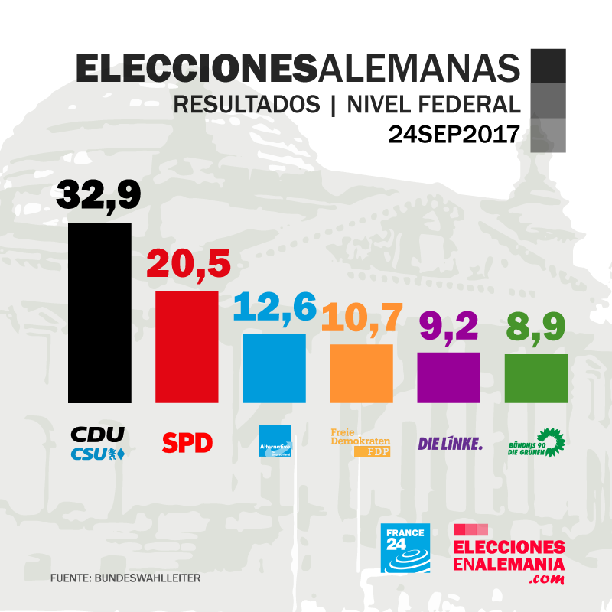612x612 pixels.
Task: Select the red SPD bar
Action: (187, 347)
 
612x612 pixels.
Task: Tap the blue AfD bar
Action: (274, 368)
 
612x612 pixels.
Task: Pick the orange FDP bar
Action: (361, 373)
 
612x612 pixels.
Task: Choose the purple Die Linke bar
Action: (448, 377)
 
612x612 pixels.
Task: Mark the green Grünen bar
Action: (535, 378)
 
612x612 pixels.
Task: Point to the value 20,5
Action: (188, 265)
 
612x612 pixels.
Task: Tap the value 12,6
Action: (275, 308)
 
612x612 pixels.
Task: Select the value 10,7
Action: (361, 317)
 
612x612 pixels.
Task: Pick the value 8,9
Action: (535, 327)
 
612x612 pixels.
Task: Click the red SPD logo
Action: (187, 442)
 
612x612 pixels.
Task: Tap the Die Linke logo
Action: (450, 443)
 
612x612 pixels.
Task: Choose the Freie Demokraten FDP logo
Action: (360, 443)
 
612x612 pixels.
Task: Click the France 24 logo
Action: (405, 548)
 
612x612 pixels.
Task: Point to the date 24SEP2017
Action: (454, 135)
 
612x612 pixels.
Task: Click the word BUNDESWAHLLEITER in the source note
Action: (147, 578)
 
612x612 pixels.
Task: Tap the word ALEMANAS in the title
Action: (418, 68)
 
